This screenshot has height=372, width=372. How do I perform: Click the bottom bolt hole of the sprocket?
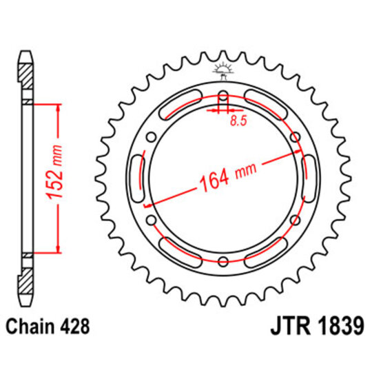pos(222,260)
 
